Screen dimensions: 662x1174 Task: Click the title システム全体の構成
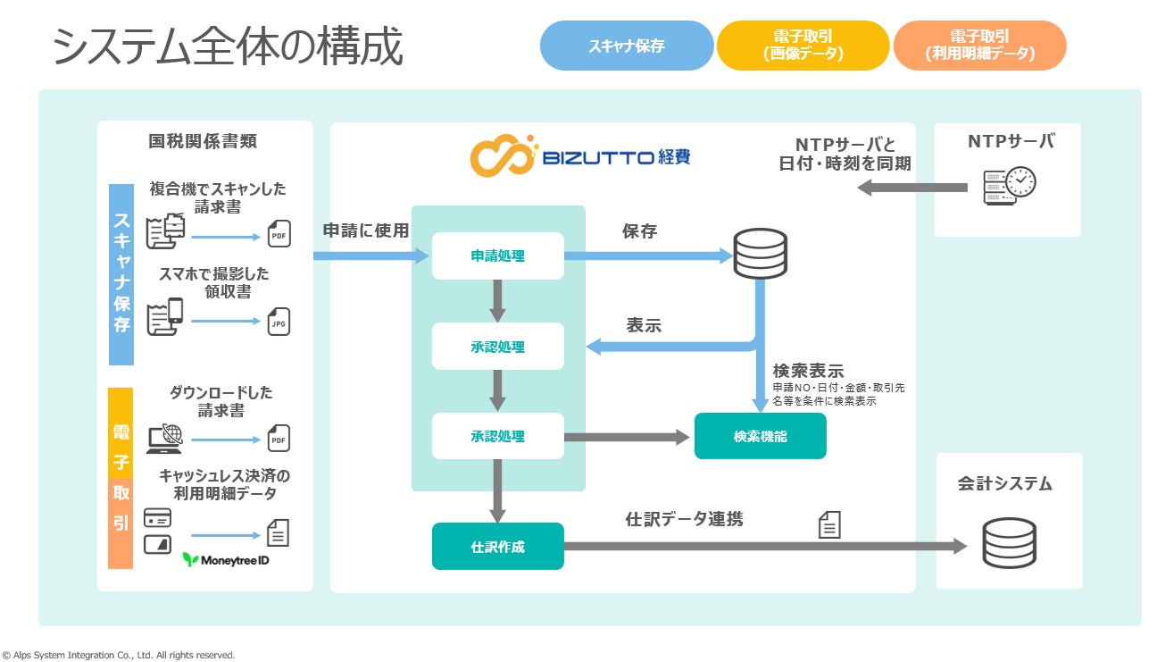point(228,46)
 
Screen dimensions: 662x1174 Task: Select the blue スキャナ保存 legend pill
point(626,46)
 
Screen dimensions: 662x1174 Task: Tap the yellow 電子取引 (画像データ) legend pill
point(803,46)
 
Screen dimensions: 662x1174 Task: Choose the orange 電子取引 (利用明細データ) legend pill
point(979,46)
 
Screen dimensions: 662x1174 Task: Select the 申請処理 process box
point(498,256)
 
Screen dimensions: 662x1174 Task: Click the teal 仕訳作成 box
point(498,547)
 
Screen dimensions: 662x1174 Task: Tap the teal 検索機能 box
point(761,437)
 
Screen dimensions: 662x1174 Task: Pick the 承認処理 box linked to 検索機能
point(498,437)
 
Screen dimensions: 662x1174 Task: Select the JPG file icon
point(279,322)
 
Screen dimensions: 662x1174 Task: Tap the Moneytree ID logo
point(226,560)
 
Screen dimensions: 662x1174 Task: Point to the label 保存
point(639,231)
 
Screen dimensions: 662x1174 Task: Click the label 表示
point(644,325)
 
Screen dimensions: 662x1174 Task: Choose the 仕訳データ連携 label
point(684,518)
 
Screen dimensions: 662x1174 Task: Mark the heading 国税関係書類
point(204,141)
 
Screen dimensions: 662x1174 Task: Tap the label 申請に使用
point(365,230)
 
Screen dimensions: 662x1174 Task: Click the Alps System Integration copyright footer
point(118,655)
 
